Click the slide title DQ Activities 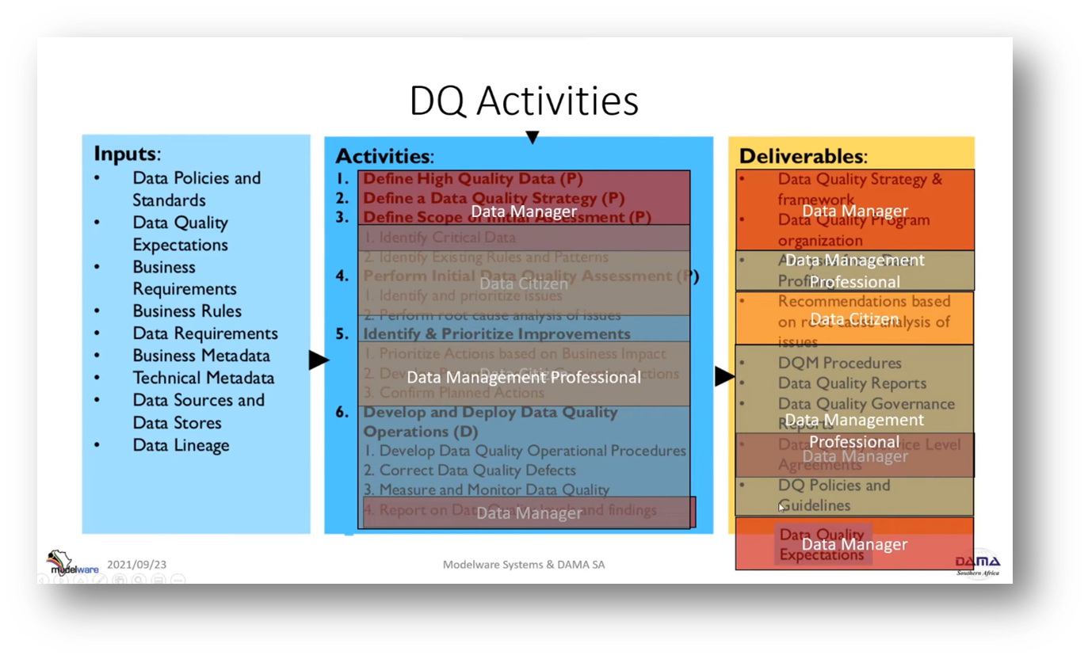click(523, 101)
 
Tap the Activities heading click(384, 156)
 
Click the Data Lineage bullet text click(181, 445)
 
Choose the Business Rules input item click(187, 311)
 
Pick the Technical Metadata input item click(203, 378)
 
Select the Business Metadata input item click(201, 356)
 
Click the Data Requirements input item click(205, 333)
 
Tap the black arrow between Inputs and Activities click(318, 361)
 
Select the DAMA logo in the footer click(977, 563)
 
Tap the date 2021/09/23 click(136, 565)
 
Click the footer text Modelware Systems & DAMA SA click(523, 565)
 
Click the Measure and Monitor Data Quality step click(487, 489)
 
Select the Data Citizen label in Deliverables click(854, 319)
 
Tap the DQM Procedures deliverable click(839, 363)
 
